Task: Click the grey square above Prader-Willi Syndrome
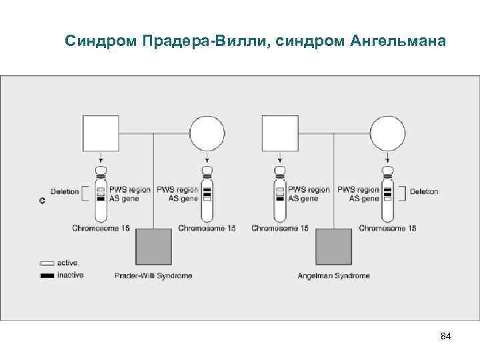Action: point(154,247)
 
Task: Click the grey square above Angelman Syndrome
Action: point(333,247)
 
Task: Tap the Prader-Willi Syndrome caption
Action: point(153,276)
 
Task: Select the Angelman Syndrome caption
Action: point(333,276)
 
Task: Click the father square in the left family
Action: point(100,133)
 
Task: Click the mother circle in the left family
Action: point(207,134)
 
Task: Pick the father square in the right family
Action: point(280,133)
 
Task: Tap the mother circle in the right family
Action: point(387,134)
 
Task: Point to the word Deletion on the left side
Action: point(65,192)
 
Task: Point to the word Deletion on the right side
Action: point(424,192)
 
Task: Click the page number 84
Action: point(446,336)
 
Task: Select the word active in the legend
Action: point(67,263)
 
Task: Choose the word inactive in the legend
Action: point(71,275)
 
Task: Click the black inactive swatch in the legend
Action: point(47,275)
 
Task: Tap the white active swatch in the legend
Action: point(47,263)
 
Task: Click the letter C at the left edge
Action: point(42,201)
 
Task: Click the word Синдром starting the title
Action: point(100,41)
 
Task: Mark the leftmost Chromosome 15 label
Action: point(101,229)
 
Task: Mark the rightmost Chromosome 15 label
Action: point(387,229)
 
